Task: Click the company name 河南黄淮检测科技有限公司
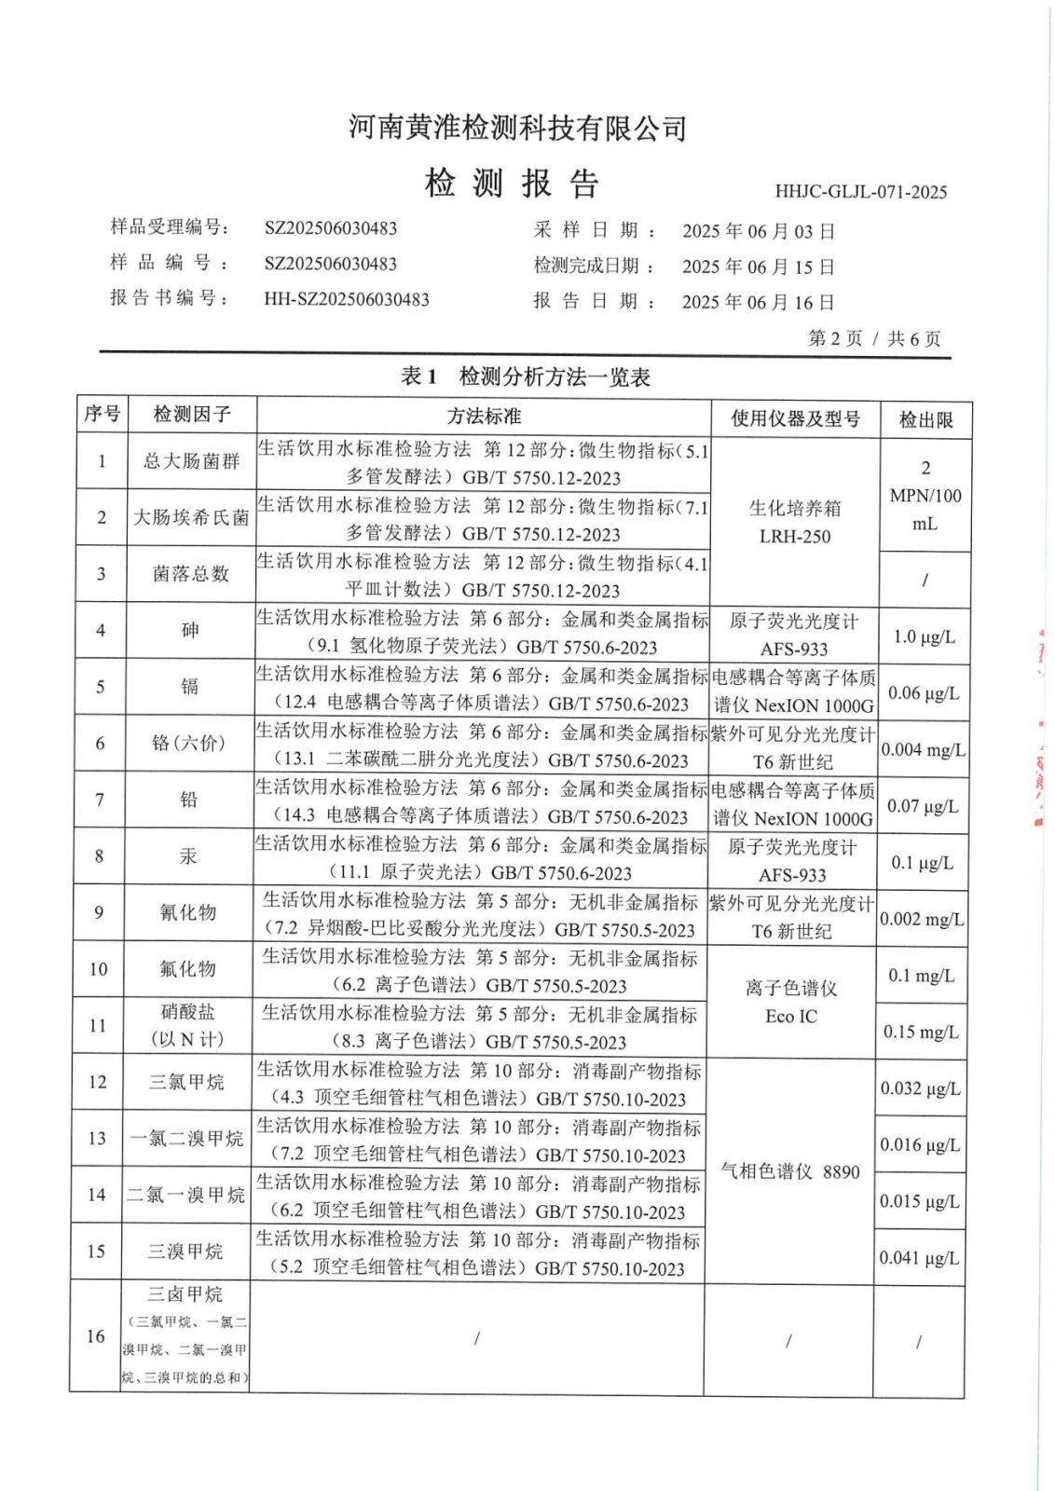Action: click(517, 128)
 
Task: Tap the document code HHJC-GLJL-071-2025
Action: click(860, 192)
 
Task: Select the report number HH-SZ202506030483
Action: click(347, 299)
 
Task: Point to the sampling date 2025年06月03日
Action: click(758, 231)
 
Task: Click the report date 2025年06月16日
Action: click(758, 302)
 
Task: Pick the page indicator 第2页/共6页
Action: click(873, 338)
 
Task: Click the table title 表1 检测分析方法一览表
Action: click(526, 376)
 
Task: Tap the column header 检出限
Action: click(925, 419)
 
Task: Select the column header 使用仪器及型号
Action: click(795, 418)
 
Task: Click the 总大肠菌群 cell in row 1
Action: click(191, 461)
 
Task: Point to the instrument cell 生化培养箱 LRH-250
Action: click(794, 522)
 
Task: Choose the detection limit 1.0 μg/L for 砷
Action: click(924, 636)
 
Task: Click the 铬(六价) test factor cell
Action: click(188, 743)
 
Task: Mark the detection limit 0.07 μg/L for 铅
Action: click(923, 806)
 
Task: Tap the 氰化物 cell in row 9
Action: click(187, 912)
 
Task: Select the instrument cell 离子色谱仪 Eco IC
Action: click(791, 1002)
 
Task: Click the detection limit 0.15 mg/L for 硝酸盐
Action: click(921, 1032)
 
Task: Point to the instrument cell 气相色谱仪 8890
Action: click(789, 1171)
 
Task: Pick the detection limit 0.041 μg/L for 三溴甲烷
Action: click(919, 1257)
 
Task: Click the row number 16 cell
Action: click(96, 1335)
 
